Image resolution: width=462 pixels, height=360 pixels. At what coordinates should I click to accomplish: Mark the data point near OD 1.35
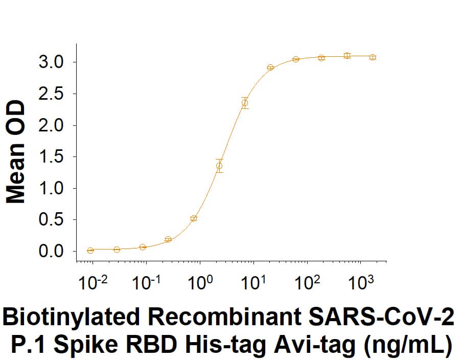(x=219, y=166)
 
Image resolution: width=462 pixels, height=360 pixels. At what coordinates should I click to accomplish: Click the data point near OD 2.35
(x=245, y=103)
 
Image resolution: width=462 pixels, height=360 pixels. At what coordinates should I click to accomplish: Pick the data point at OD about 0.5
(x=194, y=218)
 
